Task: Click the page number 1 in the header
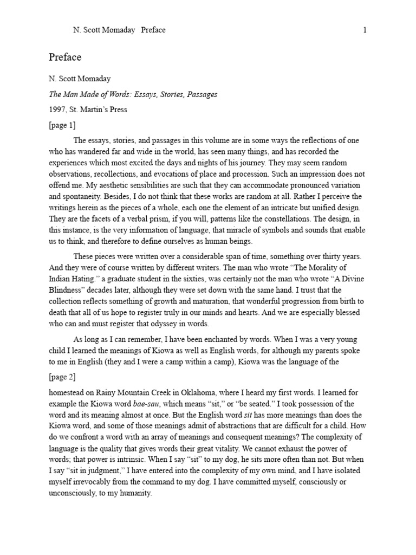(365, 30)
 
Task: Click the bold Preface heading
(65, 57)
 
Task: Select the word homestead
(69, 392)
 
